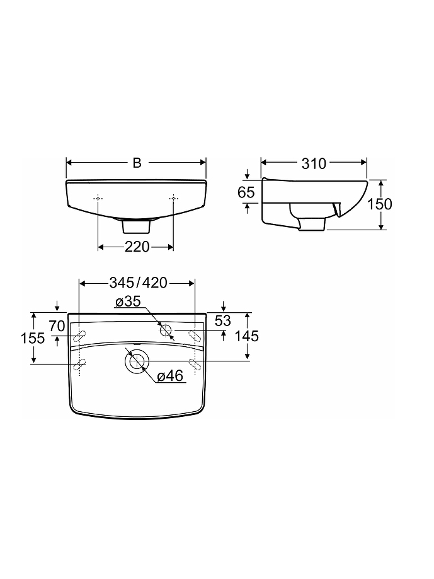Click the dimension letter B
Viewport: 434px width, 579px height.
(x=137, y=163)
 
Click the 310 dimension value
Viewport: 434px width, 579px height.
(x=314, y=163)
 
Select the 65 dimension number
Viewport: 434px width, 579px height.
(x=246, y=192)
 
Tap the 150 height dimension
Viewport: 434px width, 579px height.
(x=380, y=204)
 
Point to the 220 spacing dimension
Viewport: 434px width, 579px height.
(x=137, y=247)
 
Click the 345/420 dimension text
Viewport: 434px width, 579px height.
(x=139, y=283)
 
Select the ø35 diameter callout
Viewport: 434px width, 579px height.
(x=128, y=301)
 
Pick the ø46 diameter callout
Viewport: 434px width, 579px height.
(x=170, y=376)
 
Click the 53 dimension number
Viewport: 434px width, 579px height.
(x=223, y=320)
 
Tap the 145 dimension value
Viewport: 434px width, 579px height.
(x=247, y=336)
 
